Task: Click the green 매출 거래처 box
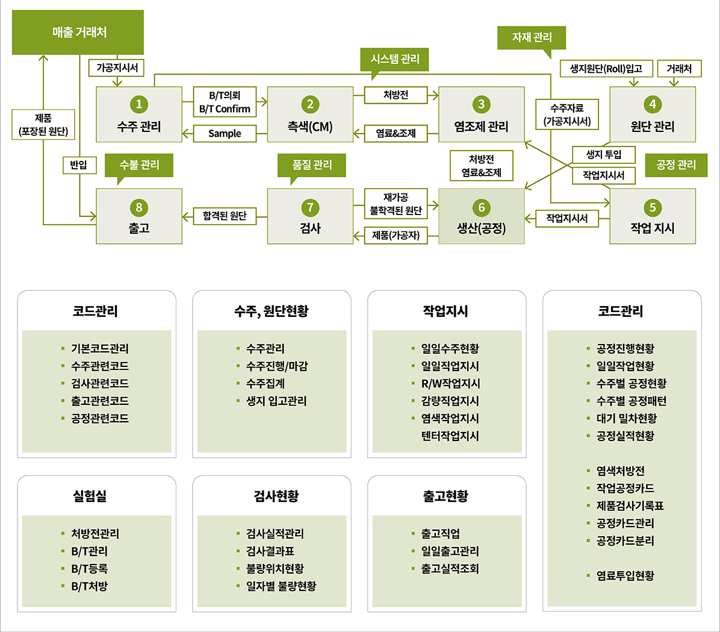[x=78, y=33]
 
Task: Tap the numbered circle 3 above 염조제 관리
[x=481, y=104]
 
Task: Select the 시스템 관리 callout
[x=395, y=59]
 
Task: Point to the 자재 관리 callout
[x=532, y=37]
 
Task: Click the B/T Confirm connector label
[x=225, y=109]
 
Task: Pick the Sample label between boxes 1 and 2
[x=225, y=134]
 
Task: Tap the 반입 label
[x=79, y=164]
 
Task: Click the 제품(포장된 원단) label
[x=43, y=125]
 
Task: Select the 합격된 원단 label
[x=225, y=216]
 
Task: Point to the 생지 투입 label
[x=604, y=155]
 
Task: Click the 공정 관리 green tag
[x=675, y=165]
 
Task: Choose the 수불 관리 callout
[x=139, y=165]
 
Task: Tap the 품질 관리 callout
[x=312, y=165]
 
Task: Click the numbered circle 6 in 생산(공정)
[x=481, y=208]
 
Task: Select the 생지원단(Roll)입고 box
[x=606, y=69]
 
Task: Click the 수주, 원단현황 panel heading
[x=272, y=311]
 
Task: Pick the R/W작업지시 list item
[x=450, y=384]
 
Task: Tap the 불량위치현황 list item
[x=275, y=569]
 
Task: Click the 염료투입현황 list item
[x=625, y=576]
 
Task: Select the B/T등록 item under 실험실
[x=90, y=569]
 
